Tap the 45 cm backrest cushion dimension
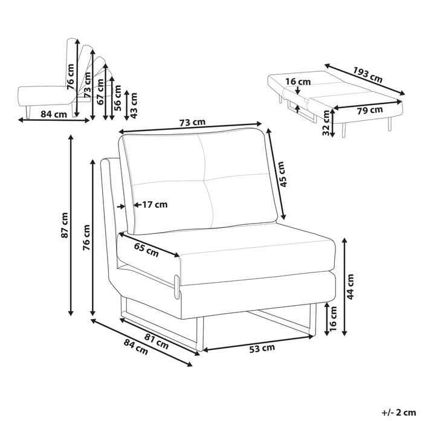(281, 173)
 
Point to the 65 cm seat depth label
(146, 250)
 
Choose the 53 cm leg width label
(262, 348)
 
